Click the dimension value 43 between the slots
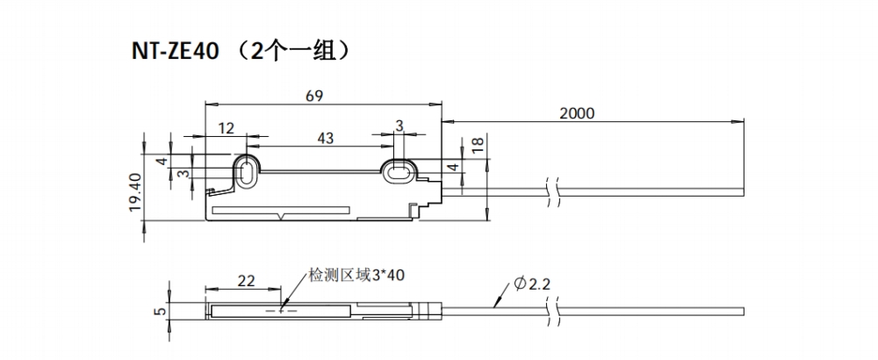pyautogui.click(x=324, y=138)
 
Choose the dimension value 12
pyautogui.click(x=226, y=128)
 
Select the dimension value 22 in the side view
pyautogui.click(x=247, y=280)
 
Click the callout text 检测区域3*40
pyautogui.click(x=356, y=275)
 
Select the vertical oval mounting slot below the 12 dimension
pyautogui.click(x=246, y=170)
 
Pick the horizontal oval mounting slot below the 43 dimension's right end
pyautogui.click(x=399, y=169)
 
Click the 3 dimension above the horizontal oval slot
pyautogui.click(x=399, y=126)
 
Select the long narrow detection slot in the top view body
pyautogui.click(x=282, y=211)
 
